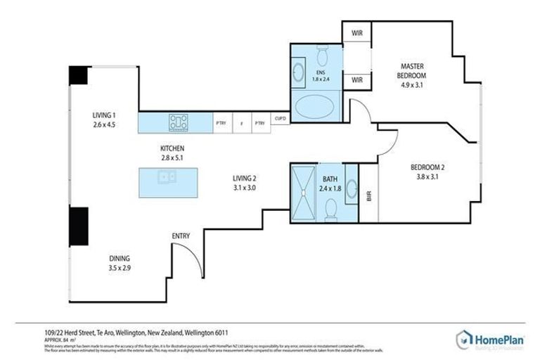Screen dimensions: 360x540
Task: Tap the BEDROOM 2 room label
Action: [x=428, y=172]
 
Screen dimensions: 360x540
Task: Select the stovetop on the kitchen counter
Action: [x=178, y=122]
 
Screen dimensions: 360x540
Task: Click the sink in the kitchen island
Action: [x=167, y=177]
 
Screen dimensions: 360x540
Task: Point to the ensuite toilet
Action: [x=322, y=54]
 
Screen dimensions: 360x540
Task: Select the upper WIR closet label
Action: [x=356, y=32]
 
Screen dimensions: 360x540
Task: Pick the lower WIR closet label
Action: [x=356, y=81]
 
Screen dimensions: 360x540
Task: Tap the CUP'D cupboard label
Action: [x=280, y=120]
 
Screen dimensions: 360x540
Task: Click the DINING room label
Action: [x=120, y=263]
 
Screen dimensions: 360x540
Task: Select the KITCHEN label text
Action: [x=172, y=153]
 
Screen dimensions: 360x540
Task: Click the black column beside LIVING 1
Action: [x=78, y=75]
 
